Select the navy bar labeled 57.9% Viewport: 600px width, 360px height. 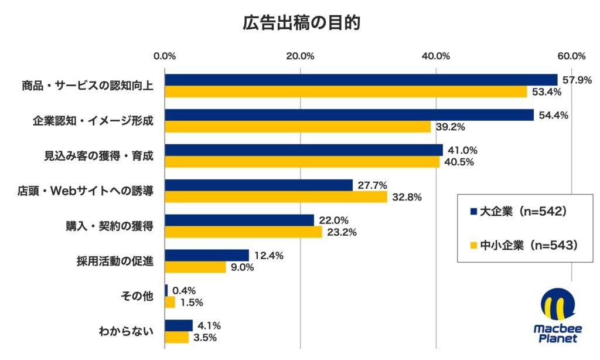click(360, 80)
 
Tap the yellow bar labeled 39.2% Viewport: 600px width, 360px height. click(297, 127)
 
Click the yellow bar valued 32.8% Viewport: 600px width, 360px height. click(275, 197)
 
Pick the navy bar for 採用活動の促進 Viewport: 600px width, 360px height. click(206, 255)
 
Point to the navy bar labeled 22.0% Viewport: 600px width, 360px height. click(239, 220)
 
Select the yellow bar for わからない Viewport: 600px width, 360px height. click(176, 338)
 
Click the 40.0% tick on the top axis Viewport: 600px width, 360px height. click(436, 56)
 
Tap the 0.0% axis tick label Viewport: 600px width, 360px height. click(165, 56)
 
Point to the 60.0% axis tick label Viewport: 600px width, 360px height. click(571, 56)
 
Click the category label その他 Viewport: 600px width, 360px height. click(141, 296)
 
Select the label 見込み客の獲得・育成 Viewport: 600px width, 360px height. click(99, 156)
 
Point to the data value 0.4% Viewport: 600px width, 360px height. click(184, 291)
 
